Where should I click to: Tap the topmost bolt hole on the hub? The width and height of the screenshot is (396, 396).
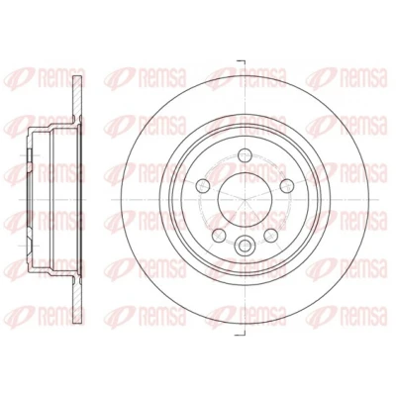coord(245,154)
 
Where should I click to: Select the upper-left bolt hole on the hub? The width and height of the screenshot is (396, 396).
coord(203,186)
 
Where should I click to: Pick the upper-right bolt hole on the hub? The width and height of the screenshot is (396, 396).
coord(287,186)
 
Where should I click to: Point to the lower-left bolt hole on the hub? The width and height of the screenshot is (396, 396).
coord(219,236)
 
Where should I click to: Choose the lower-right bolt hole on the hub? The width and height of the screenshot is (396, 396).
coord(270,236)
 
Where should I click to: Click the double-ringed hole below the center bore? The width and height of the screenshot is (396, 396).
coord(245,245)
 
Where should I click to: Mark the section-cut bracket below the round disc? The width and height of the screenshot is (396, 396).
coord(241,336)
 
